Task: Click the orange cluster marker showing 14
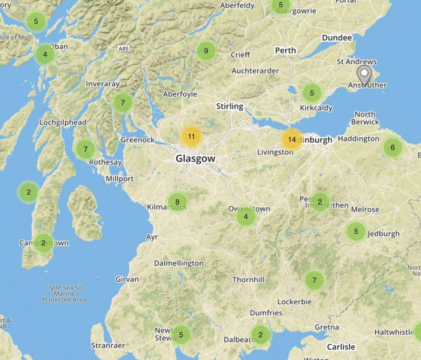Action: tap(292, 139)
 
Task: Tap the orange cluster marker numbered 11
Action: tap(192, 136)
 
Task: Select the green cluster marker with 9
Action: tap(206, 51)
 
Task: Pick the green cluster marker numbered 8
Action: tap(177, 202)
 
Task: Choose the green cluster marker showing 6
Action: tap(392, 148)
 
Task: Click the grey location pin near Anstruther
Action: tap(364, 75)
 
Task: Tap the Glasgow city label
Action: tap(195, 158)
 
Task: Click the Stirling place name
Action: tap(229, 106)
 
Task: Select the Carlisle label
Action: tap(340, 347)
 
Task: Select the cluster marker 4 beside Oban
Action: tap(45, 54)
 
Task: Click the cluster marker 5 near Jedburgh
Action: tap(356, 231)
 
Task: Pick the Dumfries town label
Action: tap(266, 313)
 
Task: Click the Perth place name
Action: tap(285, 51)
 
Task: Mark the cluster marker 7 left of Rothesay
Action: tap(85, 149)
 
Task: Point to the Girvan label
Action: tap(127, 279)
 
